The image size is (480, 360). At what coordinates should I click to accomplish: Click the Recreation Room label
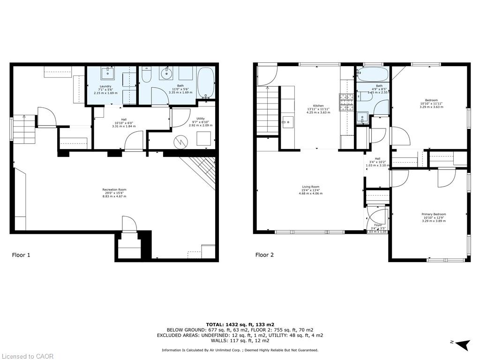[114, 193]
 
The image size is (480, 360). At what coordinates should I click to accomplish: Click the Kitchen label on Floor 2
[318, 109]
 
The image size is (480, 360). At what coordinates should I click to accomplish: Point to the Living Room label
[310, 190]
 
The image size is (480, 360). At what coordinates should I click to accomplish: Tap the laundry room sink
[109, 73]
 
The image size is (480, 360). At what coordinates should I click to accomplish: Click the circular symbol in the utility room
[180, 141]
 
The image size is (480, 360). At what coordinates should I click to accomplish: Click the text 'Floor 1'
[21, 255]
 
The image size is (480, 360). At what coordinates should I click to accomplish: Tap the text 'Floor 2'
[264, 255]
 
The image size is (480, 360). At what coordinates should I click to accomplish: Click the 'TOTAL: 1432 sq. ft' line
[240, 324]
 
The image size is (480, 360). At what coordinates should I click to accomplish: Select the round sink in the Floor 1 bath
[166, 73]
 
